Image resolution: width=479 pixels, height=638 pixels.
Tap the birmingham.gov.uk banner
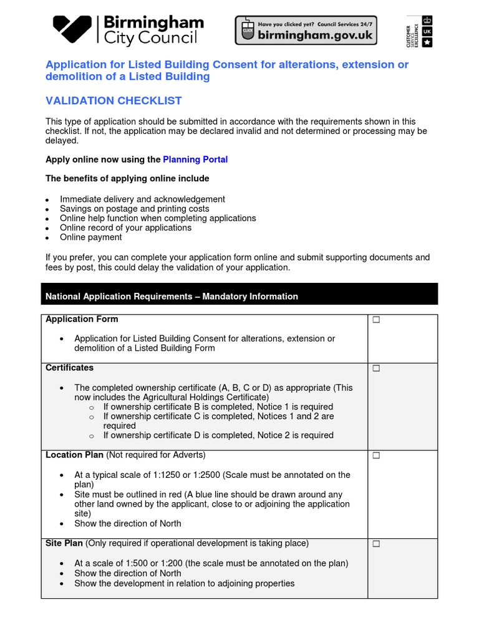(x=305, y=30)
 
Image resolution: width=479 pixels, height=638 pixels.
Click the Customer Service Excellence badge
(x=419, y=31)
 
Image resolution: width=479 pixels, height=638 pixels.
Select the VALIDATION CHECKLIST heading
(x=114, y=101)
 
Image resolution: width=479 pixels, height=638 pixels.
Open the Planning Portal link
(x=195, y=159)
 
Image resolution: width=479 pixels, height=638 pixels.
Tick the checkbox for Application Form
(x=376, y=320)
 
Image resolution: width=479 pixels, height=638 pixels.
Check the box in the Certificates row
(x=376, y=369)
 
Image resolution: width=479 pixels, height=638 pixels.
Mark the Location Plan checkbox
(x=376, y=456)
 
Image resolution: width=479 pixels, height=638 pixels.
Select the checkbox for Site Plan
(x=376, y=545)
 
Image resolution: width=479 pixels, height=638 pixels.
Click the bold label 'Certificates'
(x=70, y=368)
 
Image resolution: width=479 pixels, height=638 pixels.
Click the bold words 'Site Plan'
(x=64, y=543)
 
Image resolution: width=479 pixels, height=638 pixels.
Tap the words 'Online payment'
(x=91, y=237)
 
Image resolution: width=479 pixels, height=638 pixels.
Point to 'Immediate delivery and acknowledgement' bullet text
(x=142, y=199)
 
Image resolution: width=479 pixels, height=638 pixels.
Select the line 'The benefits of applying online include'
(x=127, y=179)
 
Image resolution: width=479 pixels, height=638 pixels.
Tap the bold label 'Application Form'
(x=82, y=319)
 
